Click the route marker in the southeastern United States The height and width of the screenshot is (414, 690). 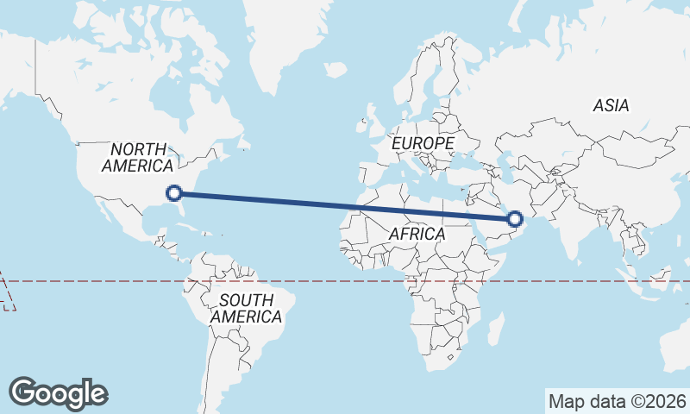(173, 193)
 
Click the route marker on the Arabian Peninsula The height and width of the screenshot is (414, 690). (515, 219)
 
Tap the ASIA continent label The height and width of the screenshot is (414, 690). (611, 106)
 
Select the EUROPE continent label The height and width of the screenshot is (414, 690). (423, 142)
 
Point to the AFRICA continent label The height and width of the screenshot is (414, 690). (417, 234)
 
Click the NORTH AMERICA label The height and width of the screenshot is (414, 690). (138, 158)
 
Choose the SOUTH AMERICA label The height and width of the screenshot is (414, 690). (247, 309)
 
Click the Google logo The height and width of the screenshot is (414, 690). (59, 393)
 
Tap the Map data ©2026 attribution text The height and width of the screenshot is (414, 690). (618, 401)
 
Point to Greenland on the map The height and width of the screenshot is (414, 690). (293, 43)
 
